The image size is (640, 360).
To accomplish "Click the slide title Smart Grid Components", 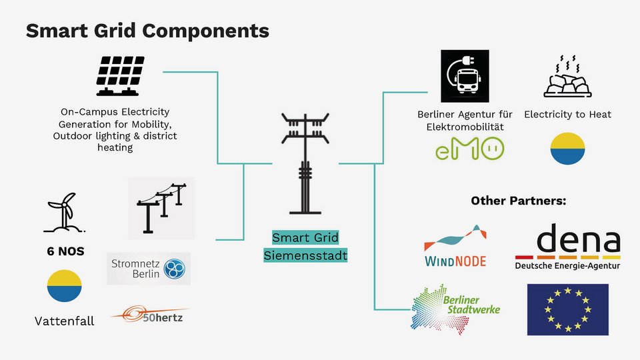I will tap(147, 31).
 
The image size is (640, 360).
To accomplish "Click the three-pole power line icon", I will tap(161, 207).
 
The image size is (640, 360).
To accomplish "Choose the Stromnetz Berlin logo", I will tap(149, 268).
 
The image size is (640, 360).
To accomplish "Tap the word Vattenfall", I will tap(64, 321).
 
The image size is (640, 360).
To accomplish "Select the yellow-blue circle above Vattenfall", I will tap(64, 286).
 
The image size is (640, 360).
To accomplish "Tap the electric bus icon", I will tap(465, 76).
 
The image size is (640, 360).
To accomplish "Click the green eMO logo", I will tap(466, 148).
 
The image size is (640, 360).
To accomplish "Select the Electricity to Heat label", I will tap(567, 115).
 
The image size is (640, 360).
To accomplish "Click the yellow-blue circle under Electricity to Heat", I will tap(568, 148).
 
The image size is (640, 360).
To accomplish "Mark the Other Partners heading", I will tap(518, 201).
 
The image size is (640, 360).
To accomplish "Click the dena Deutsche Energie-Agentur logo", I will tap(567, 247).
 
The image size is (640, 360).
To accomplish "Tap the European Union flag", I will tap(567, 309).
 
